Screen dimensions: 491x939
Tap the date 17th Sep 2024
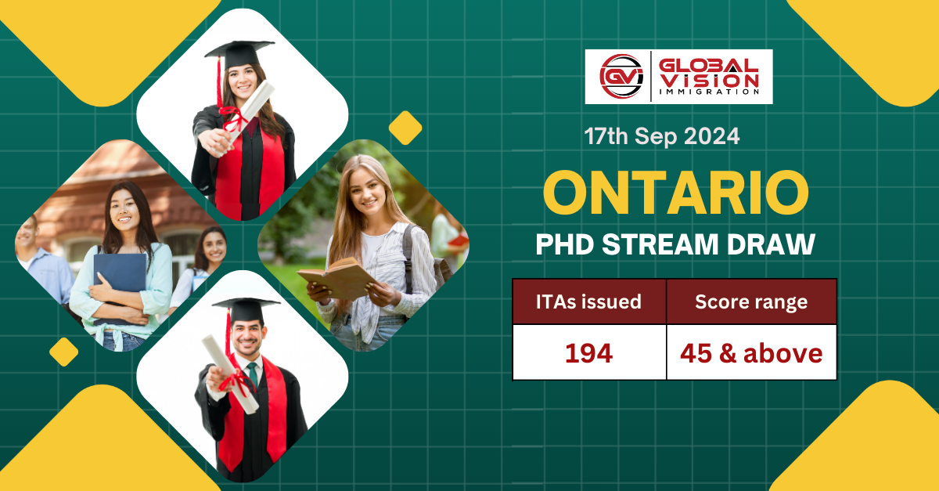[661, 136]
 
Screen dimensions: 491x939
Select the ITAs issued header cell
[589, 301]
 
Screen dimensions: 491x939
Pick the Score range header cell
[751, 301]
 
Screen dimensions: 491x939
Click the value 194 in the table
[589, 353]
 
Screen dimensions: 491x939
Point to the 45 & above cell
[751, 353]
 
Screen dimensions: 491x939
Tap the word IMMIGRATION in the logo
[709, 92]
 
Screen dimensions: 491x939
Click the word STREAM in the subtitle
[669, 244]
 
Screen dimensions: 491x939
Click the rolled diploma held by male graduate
[230, 373]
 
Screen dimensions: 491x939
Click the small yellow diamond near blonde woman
[405, 128]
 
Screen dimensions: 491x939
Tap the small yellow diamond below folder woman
[64, 352]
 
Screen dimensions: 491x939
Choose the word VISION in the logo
[709, 79]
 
